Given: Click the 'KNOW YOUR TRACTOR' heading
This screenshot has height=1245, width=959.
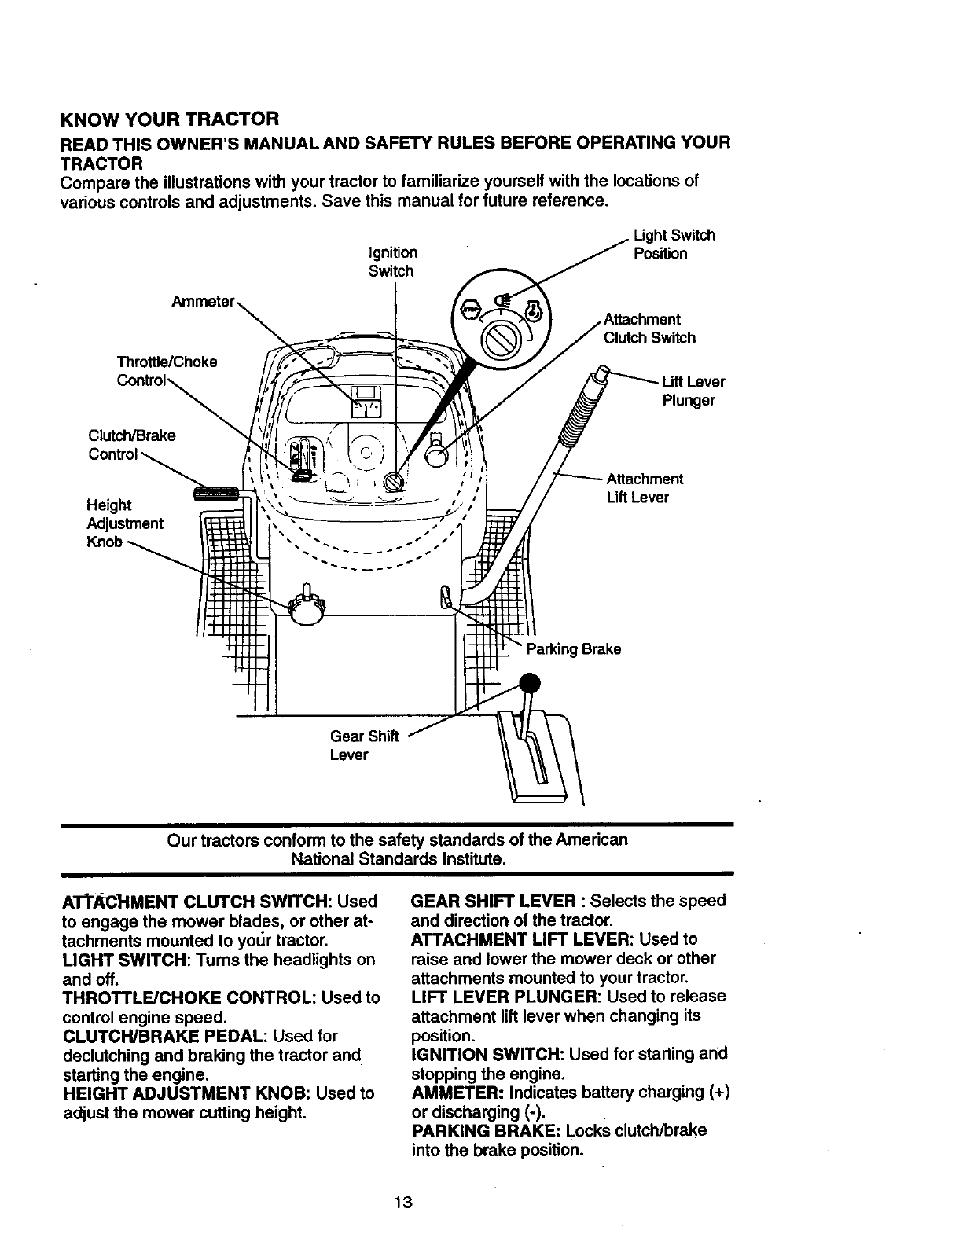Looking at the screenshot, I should click(x=169, y=120).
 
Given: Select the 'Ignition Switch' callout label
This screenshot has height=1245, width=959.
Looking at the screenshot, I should click(x=392, y=262).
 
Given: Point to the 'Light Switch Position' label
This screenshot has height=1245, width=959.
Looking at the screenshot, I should click(x=674, y=244).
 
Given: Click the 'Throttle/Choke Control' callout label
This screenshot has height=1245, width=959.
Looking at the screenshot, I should click(x=166, y=371).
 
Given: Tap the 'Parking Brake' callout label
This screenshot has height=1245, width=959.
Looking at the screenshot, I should click(x=573, y=649).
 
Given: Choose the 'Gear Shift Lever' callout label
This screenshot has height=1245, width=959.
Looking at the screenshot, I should click(x=364, y=745).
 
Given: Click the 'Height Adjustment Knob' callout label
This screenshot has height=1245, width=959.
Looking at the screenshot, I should click(x=124, y=523).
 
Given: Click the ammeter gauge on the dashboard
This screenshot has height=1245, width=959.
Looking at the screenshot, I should click(x=366, y=402).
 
